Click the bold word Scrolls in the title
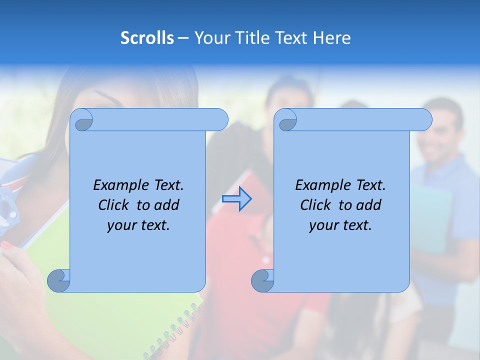point(147,38)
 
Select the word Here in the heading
point(331,38)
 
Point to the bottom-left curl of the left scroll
point(59,280)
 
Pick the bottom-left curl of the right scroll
point(263,280)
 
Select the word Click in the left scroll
point(113,205)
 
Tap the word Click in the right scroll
point(315,205)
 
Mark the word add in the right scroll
point(369,205)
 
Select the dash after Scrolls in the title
point(183,38)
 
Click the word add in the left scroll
point(167,205)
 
